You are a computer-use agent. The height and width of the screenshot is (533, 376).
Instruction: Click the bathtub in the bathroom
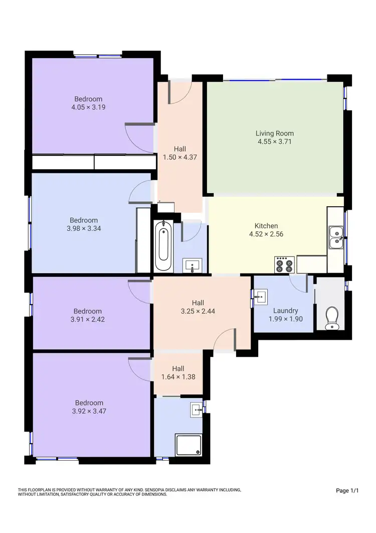pyautogui.click(x=163, y=246)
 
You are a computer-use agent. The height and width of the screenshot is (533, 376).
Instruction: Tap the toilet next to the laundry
pyautogui.click(x=331, y=318)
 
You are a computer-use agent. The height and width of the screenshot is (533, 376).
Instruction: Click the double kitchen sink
pyautogui.click(x=335, y=237)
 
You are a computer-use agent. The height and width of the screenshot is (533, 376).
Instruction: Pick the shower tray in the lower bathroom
pyautogui.click(x=189, y=445)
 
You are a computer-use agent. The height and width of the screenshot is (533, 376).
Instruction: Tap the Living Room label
pyautogui.click(x=274, y=134)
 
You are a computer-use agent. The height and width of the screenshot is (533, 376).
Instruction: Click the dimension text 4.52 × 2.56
pyautogui.click(x=266, y=234)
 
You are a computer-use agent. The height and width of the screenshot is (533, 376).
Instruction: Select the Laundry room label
pyautogui.click(x=285, y=311)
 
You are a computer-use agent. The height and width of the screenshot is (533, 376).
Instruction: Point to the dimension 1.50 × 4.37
pyautogui.click(x=180, y=157)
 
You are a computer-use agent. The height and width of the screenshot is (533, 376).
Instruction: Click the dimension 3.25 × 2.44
pyautogui.click(x=198, y=311)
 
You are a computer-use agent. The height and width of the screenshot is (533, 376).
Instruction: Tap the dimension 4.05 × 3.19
pyautogui.click(x=88, y=107)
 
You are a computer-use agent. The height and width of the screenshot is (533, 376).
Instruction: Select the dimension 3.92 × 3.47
pyautogui.click(x=89, y=411)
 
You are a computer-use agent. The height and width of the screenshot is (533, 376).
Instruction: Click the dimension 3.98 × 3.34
pyautogui.click(x=84, y=228)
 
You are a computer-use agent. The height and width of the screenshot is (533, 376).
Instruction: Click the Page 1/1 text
pyautogui.click(x=347, y=490)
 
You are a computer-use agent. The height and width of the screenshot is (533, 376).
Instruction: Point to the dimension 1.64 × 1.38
pyautogui.click(x=178, y=377)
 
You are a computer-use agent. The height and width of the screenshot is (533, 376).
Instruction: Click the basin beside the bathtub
pyautogui.click(x=193, y=264)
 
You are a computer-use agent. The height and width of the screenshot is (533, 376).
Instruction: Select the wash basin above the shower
pyautogui.click(x=197, y=410)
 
